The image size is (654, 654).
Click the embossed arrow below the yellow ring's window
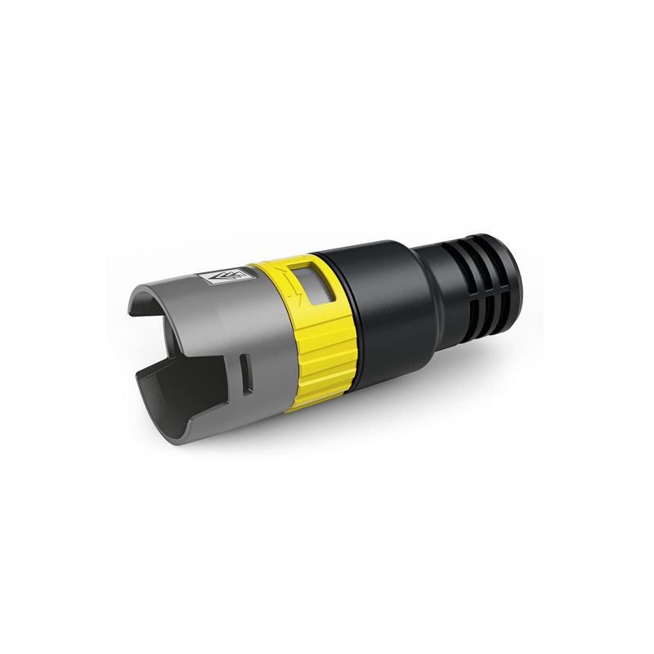click(x=304, y=306)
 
